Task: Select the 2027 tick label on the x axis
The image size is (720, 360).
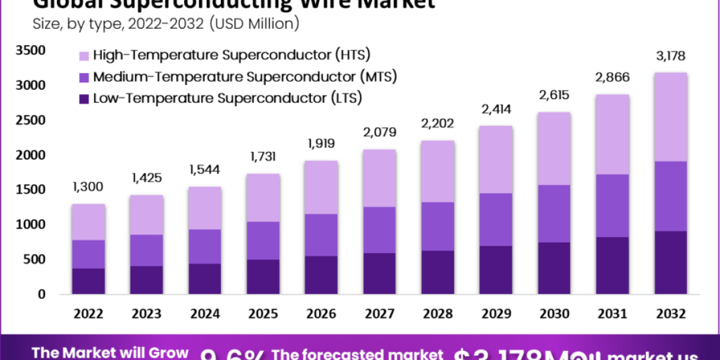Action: click(379, 314)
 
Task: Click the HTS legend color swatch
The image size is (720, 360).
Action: click(83, 56)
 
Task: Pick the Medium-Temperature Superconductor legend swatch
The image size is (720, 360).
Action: click(83, 77)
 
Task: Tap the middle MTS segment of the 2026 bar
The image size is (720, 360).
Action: click(321, 235)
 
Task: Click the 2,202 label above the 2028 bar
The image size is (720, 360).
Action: click(437, 124)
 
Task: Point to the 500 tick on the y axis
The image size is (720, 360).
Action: click(34, 260)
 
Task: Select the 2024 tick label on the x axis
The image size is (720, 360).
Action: click(205, 314)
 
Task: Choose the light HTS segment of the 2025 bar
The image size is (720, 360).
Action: click(263, 198)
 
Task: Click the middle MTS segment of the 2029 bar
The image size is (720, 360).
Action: click(495, 220)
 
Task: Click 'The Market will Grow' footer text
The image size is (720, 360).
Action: click(110, 353)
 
